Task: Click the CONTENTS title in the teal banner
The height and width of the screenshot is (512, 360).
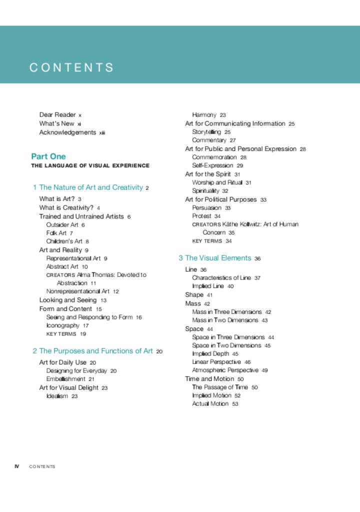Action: point(71,67)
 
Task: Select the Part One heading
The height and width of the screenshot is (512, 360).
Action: point(48,156)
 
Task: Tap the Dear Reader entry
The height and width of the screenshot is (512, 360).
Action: point(57,115)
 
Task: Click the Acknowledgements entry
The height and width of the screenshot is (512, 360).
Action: point(67,132)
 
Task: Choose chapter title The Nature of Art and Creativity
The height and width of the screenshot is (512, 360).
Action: point(91,187)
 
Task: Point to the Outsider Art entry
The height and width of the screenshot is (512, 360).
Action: point(62,225)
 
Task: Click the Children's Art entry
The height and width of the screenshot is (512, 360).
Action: point(64,241)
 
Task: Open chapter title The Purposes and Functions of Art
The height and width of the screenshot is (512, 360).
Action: point(95,351)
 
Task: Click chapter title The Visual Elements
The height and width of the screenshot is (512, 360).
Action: point(218,258)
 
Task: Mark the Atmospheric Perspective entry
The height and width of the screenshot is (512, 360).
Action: point(225,370)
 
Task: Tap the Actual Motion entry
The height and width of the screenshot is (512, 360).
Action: point(210,403)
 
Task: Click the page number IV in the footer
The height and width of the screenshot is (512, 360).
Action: point(17,466)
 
